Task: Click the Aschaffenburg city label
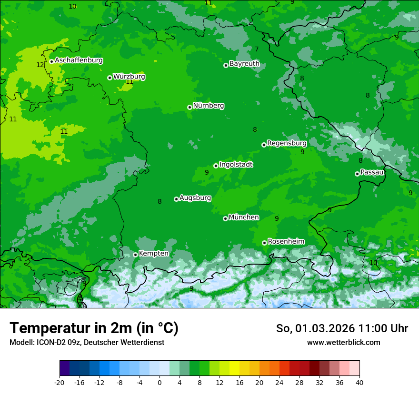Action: tap(79, 60)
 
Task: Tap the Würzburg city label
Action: tap(129, 77)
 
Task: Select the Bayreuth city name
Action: tap(244, 64)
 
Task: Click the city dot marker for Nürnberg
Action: tap(190, 107)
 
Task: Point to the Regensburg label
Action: tap(287, 143)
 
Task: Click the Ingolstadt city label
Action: tap(236, 165)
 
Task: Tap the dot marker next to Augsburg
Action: tap(176, 199)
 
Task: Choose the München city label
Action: tap(244, 217)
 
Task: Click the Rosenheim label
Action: tap(286, 242)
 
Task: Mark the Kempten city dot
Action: tap(135, 255)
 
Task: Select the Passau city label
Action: tap(372, 172)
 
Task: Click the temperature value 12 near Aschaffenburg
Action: tap(40, 65)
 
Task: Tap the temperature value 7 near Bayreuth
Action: tap(257, 49)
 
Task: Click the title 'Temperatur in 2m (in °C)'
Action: tap(94, 328)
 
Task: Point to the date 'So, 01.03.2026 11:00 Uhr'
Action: tap(342, 328)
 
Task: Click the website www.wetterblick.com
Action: tap(343, 343)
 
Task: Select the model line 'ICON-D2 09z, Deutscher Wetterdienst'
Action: tap(87, 343)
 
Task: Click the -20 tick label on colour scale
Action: tap(60, 383)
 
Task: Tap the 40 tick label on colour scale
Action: tap(359, 383)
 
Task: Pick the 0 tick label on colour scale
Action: tap(160, 383)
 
